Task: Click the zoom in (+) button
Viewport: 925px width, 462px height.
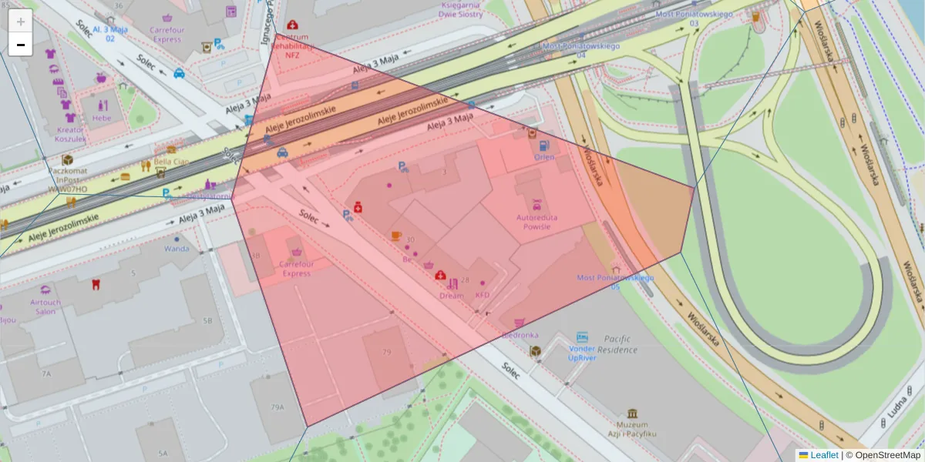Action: [x=21, y=22]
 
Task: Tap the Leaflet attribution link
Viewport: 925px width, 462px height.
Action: [x=823, y=455]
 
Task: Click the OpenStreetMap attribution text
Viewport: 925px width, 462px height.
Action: [x=887, y=455]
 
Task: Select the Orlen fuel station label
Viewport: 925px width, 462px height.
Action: [x=544, y=157]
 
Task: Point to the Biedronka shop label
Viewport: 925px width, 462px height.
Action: [x=520, y=335]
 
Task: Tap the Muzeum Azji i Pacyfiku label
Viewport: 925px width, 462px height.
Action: [x=632, y=429]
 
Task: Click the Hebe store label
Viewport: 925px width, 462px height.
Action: [x=101, y=119]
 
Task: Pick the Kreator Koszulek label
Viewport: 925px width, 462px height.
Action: [x=69, y=134]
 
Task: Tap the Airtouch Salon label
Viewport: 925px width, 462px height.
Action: [x=45, y=307]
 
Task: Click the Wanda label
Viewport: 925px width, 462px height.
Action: [x=177, y=249]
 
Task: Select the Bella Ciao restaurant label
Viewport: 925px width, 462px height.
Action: [x=171, y=162]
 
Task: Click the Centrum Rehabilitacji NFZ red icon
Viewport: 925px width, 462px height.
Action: [x=293, y=25]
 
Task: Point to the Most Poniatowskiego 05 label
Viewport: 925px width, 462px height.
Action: [x=615, y=282]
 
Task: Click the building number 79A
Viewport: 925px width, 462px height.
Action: [x=277, y=407]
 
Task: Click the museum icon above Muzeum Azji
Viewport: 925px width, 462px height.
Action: [x=633, y=413]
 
